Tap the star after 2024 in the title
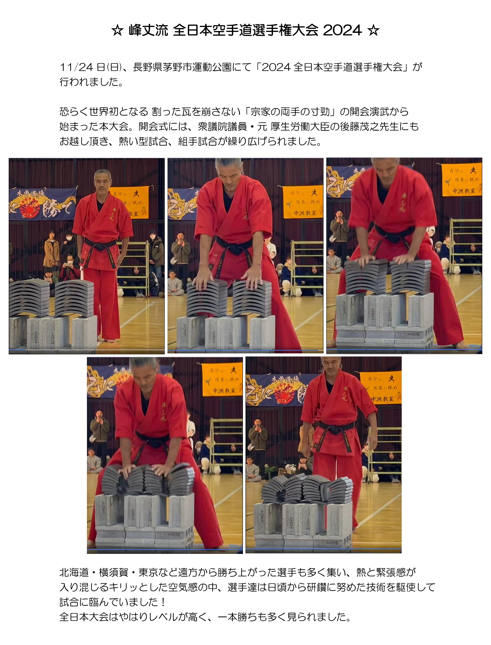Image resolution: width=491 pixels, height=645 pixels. click(x=374, y=31)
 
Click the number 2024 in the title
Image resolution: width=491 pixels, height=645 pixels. click(x=343, y=31)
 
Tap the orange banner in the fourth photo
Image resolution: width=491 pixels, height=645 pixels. click(x=222, y=380)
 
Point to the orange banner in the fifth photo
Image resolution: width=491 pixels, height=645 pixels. click(x=381, y=387)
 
